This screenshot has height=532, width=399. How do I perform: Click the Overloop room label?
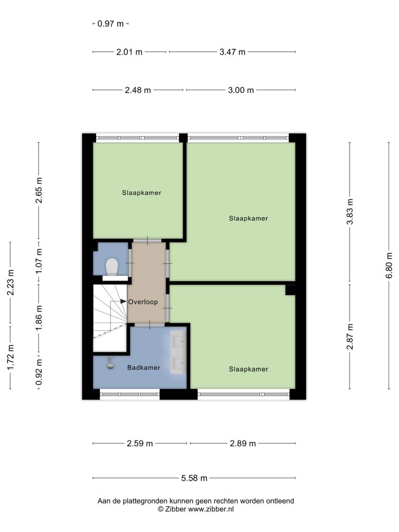click(143, 302)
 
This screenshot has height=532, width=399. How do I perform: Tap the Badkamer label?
click(143, 367)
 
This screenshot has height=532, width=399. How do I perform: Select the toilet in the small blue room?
click(112, 267)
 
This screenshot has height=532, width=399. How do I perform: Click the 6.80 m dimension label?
click(389, 265)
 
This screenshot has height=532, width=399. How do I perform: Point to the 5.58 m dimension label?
click(194, 478)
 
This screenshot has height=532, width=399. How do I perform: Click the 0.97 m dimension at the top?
click(111, 24)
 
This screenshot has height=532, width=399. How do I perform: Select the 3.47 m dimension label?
click(232, 52)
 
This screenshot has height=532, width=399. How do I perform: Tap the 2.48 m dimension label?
click(138, 90)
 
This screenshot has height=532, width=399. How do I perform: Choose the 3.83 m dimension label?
click(350, 212)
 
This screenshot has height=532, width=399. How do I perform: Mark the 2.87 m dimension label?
click(350, 337)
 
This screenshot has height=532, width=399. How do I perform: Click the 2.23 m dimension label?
click(10, 282)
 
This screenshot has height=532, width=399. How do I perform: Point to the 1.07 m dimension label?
click(38, 261)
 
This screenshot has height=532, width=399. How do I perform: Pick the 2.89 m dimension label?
click(243, 444)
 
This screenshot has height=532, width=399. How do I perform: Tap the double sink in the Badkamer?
click(178, 352)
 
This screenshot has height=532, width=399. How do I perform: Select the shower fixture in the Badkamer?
click(110, 363)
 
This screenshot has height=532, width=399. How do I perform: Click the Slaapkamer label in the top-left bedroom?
click(141, 193)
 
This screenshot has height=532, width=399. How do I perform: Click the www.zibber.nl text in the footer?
click(211, 509)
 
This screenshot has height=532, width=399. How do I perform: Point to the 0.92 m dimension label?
click(38, 372)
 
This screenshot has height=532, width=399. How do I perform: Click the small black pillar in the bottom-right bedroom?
click(290, 290)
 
